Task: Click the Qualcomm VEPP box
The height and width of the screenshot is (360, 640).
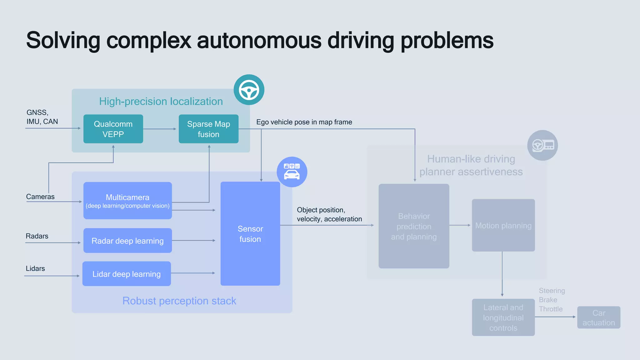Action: tap(113, 129)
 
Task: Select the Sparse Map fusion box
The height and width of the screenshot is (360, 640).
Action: tap(208, 129)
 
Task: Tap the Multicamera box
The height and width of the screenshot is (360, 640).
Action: tap(127, 201)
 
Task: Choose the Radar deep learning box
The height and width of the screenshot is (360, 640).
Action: tap(127, 241)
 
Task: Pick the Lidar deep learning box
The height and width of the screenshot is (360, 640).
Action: tap(127, 274)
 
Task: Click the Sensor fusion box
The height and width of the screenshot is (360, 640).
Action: tap(250, 234)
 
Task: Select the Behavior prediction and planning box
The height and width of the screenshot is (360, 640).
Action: tap(414, 226)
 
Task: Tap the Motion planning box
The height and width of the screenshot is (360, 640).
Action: tap(503, 225)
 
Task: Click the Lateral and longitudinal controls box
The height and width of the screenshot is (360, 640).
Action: tap(503, 317)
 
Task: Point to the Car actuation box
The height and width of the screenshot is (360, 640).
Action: tap(598, 317)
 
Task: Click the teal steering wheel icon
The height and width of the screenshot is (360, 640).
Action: tap(249, 90)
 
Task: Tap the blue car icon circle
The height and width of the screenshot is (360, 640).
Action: tap(292, 172)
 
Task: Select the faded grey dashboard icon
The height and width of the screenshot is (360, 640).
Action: tap(542, 145)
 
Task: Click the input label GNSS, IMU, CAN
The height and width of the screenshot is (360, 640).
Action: tap(42, 117)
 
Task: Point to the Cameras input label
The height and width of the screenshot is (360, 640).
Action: tap(40, 197)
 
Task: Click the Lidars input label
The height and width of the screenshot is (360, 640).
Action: tap(35, 268)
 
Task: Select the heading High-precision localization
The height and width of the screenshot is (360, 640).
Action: tap(161, 101)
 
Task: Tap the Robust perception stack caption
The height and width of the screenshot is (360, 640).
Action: tap(179, 301)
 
